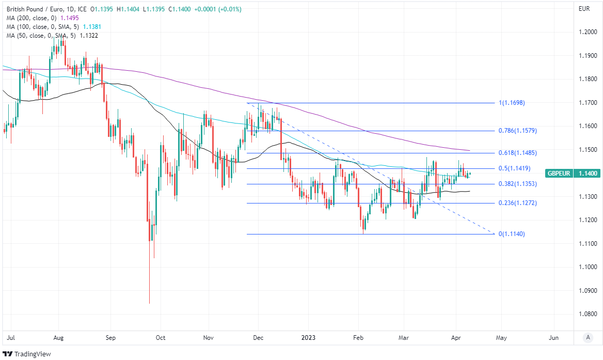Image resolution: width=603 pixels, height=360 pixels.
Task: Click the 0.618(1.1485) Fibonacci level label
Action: point(518,153)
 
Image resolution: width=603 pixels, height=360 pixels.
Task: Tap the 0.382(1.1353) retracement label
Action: point(518,184)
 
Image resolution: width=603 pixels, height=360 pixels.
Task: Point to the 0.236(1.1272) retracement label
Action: point(518,203)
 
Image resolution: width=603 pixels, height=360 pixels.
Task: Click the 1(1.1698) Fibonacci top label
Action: point(512,103)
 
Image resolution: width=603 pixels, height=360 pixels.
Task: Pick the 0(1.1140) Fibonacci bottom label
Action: point(512,234)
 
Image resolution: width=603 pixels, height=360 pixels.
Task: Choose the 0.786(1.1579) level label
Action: point(518,131)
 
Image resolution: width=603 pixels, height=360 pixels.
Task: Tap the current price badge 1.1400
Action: point(589,174)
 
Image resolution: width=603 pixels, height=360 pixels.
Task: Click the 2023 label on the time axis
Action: point(308,337)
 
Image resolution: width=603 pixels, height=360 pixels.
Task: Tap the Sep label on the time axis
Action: point(110,337)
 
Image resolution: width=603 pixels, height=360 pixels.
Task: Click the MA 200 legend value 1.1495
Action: point(69,18)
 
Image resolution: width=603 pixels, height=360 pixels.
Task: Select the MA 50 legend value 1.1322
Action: point(89,35)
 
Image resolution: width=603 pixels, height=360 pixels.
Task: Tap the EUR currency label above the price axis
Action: point(584,9)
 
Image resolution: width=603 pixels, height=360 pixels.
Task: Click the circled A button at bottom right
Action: point(588,337)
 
